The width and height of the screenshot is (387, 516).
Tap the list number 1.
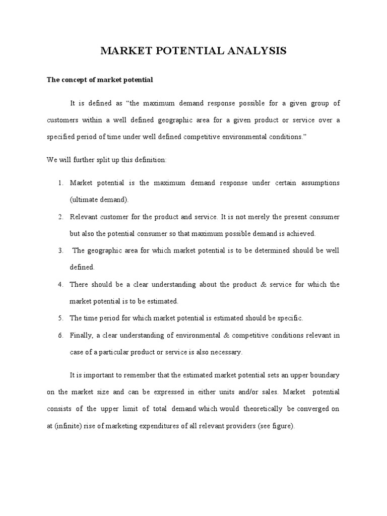pyautogui.click(x=59, y=182)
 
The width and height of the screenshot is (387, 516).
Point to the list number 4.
pyautogui.click(x=59, y=285)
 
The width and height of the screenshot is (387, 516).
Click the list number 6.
pyautogui.click(x=59, y=336)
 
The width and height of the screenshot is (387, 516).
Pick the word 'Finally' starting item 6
pyautogui.click(x=80, y=336)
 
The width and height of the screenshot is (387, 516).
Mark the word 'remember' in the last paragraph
pyautogui.click(x=143, y=375)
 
